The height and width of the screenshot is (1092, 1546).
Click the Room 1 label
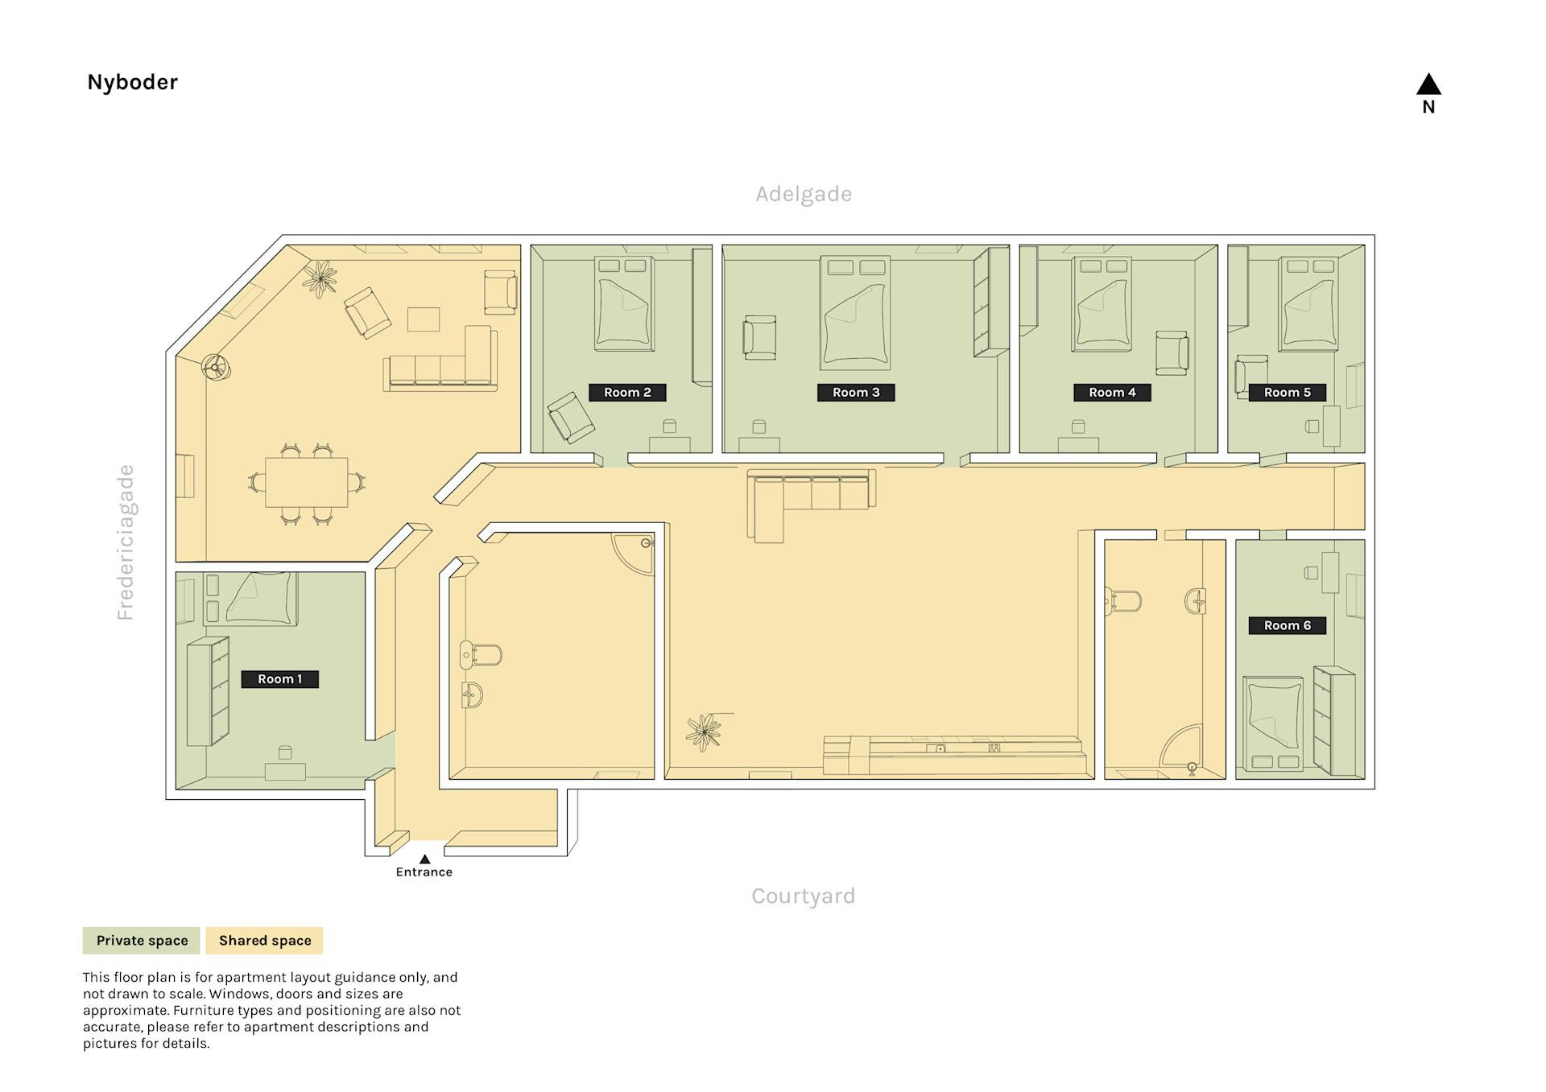[x=279, y=679]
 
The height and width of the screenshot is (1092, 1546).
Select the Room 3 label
[x=856, y=393]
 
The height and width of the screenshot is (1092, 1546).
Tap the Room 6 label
[x=1287, y=625]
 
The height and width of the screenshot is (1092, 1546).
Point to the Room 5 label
[x=1287, y=393]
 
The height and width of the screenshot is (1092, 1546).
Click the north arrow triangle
[x=1428, y=84]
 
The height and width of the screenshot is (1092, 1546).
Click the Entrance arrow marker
[x=424, y=859]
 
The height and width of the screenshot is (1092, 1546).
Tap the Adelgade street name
[x=804, y=194]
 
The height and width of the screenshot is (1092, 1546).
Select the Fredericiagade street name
[x=126, y=542]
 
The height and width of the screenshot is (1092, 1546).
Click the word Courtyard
[x=803, y=896]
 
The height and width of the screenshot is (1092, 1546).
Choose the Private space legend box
[x=142, y=941]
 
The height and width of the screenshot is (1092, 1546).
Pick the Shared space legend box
[x=265, y=941]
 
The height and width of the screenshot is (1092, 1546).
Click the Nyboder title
[x=132, y=82]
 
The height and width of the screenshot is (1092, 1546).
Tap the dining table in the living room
[x=307, y=482]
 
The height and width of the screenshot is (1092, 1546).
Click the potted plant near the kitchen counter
[x=704, y=732]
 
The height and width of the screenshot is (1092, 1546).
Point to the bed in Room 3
[x=855, y=312]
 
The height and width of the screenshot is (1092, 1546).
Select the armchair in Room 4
[x=1172, y=353]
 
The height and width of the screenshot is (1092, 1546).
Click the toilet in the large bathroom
[x=481, y=655]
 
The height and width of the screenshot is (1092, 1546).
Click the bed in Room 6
[x=1273, y=723]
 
